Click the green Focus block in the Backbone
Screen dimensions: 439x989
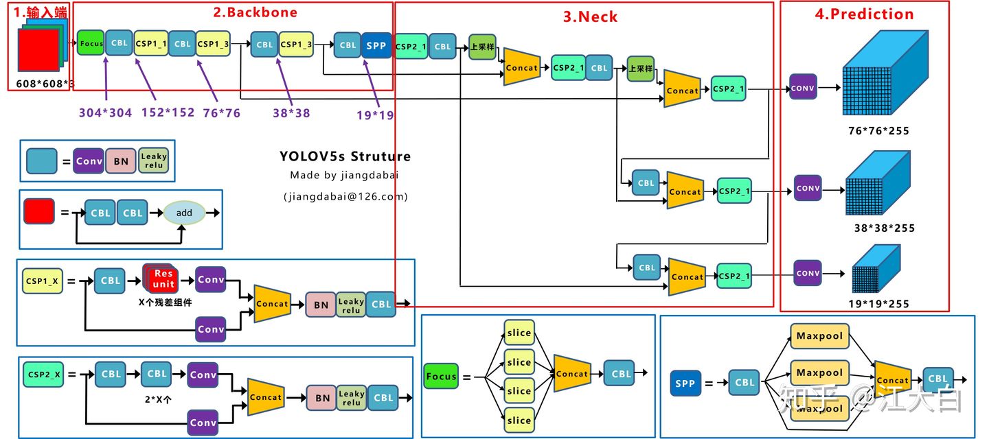pyautogui.click(x=91, y=43)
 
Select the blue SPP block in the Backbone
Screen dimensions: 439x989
pyautogui.click(x=376, y=45)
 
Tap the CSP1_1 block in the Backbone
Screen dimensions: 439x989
pyautogui.click(x=150, y=43)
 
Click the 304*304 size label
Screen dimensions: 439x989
pyautogui.click(x=105, y=113)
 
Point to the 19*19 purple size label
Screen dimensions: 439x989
pyautogui.click(x=375, y=115)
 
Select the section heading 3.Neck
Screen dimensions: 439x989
pyautogui.click(x=590, y=17)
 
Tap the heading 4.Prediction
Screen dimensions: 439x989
pyautogui.click(x=864, y=14)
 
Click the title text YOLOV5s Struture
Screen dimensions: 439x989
pyautogui.click(x=345, y=156)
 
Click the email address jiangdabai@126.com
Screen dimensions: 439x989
pyautogui.click(x=345, y=196)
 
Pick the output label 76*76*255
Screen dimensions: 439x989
pyautogui.click(x=878, y=131)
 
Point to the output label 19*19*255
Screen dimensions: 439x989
pyautogui.click(x=878, y=304)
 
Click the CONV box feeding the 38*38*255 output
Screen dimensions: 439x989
pyautogui.click(x=808, y=188)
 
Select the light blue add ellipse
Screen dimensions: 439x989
pyautogui.click(x=184, y=213)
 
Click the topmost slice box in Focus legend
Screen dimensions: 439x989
pyautogui.click(x=519, y=333)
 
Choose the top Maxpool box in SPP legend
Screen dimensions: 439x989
pyautogui.click(x=819, y=336)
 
